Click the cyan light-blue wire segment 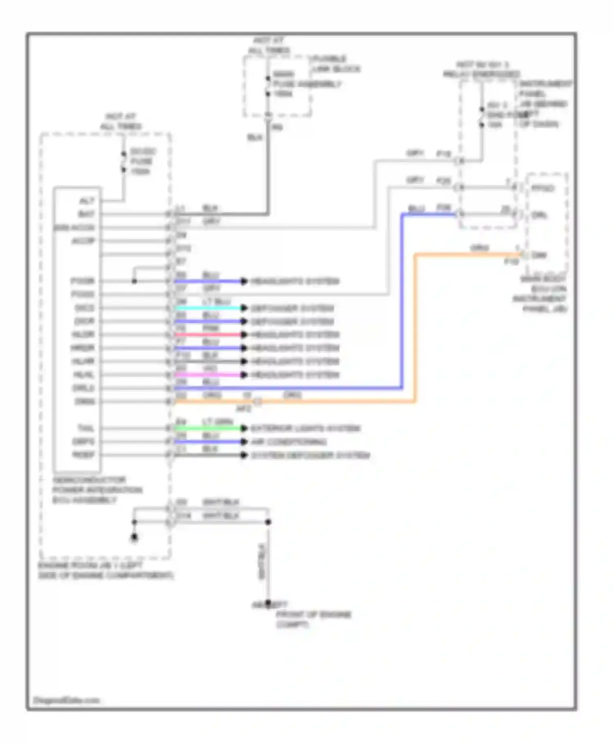pyautogui.click(x=209, y=308)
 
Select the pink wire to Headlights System pyautogui.click(x=209, y=335)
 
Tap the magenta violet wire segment pyautogui.click(x=209, y=375)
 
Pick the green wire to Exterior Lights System pyautogui.click(x=209, y=428)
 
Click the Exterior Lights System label pyautogui.click(x=305, y=428)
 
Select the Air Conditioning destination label pyautogui.click(x=289, y=442)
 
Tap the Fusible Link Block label pyautogui.click(x=336, y=64)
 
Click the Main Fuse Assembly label pyautogui.click(x=307, y=84)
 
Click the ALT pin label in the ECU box pyautogui.click(x=87, y=201)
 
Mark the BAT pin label pyautogui.click(x=86, y=214)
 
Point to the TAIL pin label pyautogui.click(x=86, y=428)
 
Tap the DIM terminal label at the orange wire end pyautogui.click(x=539, y=255)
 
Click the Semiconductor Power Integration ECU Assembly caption pyautogui.click(x=97, y=490)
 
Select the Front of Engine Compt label pyautogui.click(x=313, y=619)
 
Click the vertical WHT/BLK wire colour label pyautogui.click(x=262, y=562)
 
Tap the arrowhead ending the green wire pyautogui.click(x=244, y=428)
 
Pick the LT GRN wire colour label pyautogui.click(x=217, y=421)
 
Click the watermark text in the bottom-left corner pyautogui.click(x=66, y=700)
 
